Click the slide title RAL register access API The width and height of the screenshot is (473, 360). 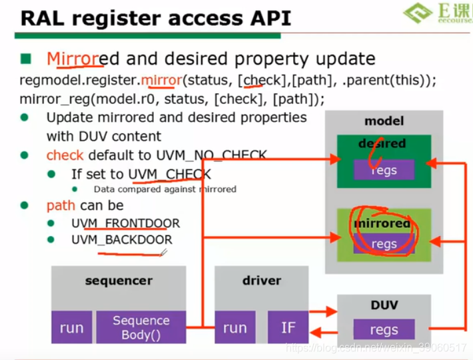(x=156, y=17)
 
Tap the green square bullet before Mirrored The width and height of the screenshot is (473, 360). (x=26, y=59)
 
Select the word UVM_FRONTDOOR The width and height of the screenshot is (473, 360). (x=126, y=223)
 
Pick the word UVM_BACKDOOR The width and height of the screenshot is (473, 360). (x=122, y=240)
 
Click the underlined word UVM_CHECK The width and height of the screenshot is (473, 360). (x=169, y=175)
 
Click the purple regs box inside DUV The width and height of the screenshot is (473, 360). (x=384, y=329)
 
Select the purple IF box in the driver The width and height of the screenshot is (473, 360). (x=288, y=327)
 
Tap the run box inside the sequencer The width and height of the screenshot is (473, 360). (x=71, y=327)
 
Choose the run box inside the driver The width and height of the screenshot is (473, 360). (x=235, y=327)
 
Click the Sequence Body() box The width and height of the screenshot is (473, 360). (x=141, y=327)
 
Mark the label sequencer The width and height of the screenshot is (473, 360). (x=119, y=281)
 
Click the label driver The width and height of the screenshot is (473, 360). (x=261, y=281)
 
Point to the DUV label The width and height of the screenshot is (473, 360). (x=384, y=305)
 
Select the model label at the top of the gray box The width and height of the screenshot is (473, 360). (x=383, y=121)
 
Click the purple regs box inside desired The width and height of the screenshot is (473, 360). (x=384, y=170)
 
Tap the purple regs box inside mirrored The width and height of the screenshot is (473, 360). (x=384, y=244)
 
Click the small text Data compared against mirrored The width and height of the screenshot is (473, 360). (x=165, y=189)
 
